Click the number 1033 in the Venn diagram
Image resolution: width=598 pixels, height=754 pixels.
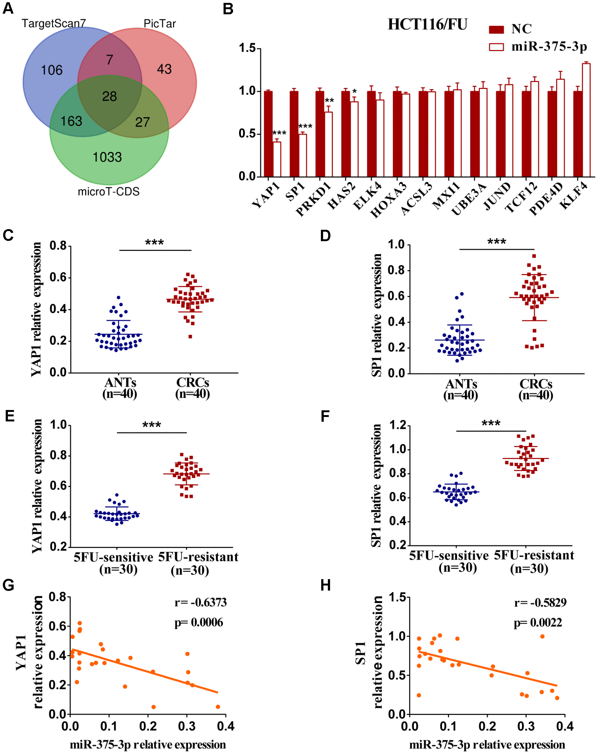coord(107,157)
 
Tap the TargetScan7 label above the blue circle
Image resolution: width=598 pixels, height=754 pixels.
coord(54,23)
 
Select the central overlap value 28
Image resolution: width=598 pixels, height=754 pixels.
coord(109,96)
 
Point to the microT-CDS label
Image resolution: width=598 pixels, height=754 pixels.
coord(108,192)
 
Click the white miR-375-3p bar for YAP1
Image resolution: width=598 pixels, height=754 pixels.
coord(277,159)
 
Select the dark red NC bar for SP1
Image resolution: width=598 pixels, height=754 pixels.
coord(294,134)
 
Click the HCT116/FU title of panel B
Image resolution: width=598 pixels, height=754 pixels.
coord(427,24)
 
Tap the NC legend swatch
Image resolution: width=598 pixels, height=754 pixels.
coord(496,30)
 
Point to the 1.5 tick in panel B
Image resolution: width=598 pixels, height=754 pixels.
coord(247,48)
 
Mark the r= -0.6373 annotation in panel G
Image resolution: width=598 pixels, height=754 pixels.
coord(200,602)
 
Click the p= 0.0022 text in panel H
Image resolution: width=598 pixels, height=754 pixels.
coord(537,622)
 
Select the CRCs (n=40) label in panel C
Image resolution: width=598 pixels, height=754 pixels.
coord(192,388)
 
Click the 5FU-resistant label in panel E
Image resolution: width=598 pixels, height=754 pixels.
coord(198,557)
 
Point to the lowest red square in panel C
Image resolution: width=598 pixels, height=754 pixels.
coord(191,336)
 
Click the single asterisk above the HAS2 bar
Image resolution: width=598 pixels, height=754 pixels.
coord(354,92)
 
